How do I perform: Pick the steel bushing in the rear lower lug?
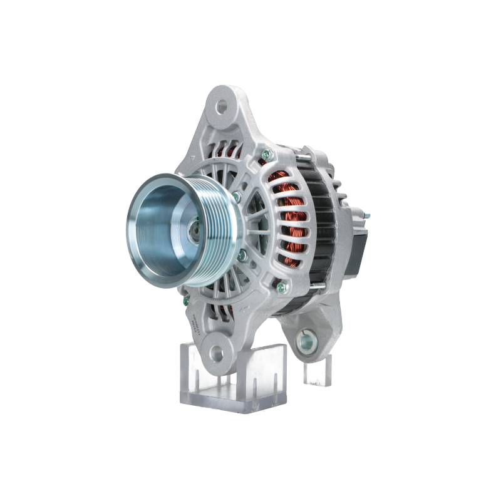coord(307,340)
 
